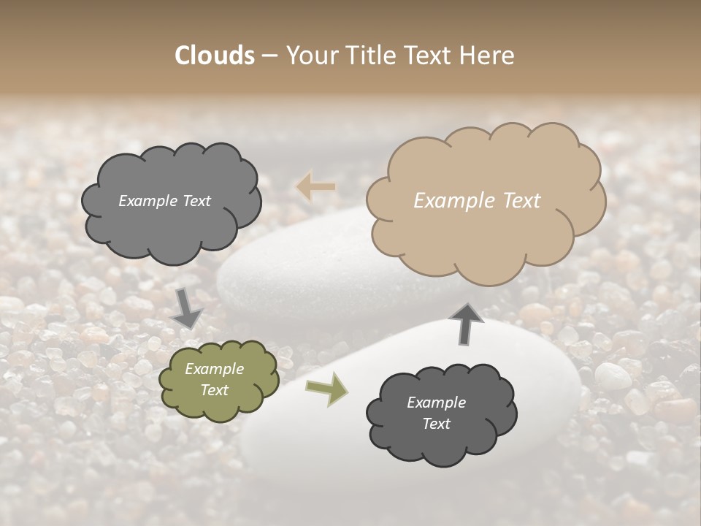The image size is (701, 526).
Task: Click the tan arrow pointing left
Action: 316,187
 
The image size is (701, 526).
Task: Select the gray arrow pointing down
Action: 187,309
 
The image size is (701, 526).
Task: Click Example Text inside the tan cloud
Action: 477,201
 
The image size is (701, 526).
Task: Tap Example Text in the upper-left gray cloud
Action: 164,201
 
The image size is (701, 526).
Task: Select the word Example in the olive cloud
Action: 214,369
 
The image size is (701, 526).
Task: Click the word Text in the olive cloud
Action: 215,390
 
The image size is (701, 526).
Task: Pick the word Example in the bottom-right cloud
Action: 436,403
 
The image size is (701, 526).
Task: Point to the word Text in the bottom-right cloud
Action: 436,424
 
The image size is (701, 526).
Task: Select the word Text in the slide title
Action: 434,55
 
